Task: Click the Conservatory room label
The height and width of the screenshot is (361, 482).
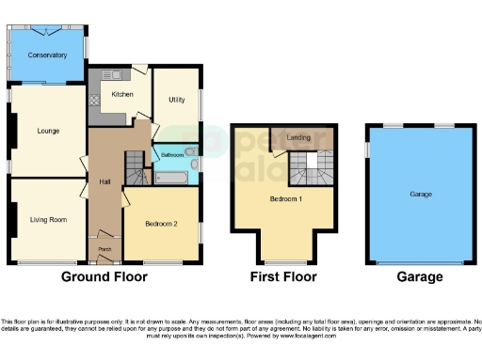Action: pyautogui.click(x=47, y=55)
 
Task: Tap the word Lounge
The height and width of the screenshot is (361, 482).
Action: pyautogui.click(x=48, y=132)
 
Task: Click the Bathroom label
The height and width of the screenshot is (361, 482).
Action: pyautogui.click(x=171, y=154)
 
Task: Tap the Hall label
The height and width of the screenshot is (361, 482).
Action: pyautogui.click(x=105, y=181)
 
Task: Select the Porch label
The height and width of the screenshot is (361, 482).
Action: pyautogui.click(x=105, y=249)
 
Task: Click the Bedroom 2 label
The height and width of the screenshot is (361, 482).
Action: pyautogui.click(x=161, y=224)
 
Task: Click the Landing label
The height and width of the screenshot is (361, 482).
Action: pyautogui.click(x=299, y=138)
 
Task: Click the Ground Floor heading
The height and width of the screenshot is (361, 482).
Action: pyautogui.click(x=104, y=277)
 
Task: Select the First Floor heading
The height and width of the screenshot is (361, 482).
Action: pyautogui.click(x=283, y=277)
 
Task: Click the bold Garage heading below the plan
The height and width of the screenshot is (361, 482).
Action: pyautogui.click(x=419, y=277)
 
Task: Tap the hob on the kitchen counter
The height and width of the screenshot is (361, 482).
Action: pyautogui.click(x=94, y=101)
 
